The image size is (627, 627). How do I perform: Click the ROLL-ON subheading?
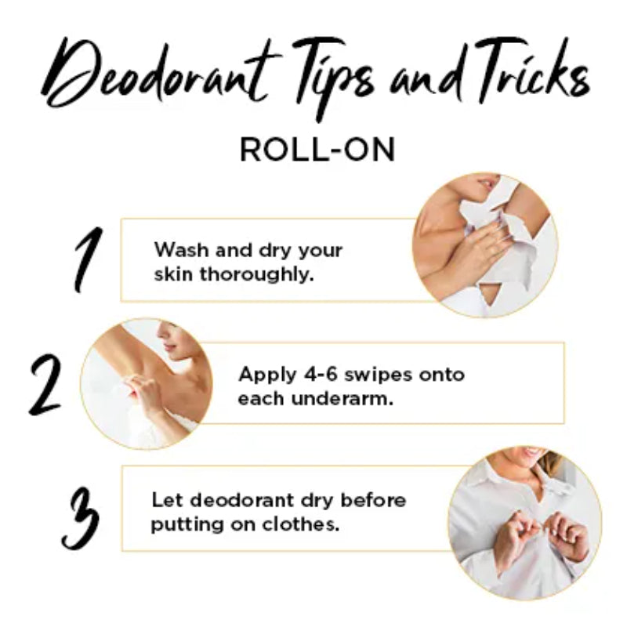[317, 149]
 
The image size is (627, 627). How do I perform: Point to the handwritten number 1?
[88, 259]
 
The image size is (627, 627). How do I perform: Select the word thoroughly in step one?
[256, 276]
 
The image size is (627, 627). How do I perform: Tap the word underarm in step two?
[342, 399]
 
